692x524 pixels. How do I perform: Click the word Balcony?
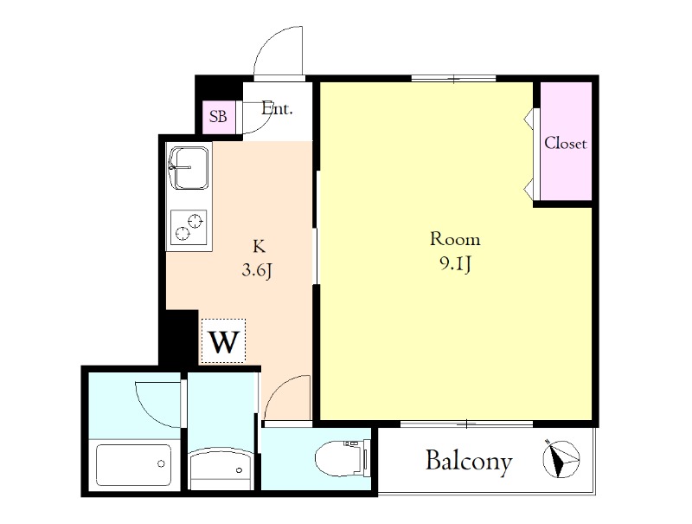[469, 462]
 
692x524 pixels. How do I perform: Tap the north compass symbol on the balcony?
[561, 459]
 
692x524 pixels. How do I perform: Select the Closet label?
[566, 143]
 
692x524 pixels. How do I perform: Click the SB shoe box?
[219, 117]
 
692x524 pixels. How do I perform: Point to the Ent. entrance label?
[277, 108]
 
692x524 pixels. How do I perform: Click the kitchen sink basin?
[189, 168]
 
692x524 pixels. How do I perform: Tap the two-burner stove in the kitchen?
[189, 226]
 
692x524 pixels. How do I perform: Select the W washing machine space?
[223, 341]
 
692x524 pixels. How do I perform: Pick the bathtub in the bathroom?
[134, 465]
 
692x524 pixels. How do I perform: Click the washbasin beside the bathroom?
[221, 469]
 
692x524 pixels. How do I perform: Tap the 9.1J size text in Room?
[456, 264]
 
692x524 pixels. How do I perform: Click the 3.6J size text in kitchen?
[257, 269]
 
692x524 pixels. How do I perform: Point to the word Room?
[455, 239]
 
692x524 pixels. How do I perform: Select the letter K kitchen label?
[259, 246]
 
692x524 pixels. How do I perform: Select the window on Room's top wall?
[453, 79]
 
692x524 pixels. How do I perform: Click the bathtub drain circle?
[161, 464]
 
